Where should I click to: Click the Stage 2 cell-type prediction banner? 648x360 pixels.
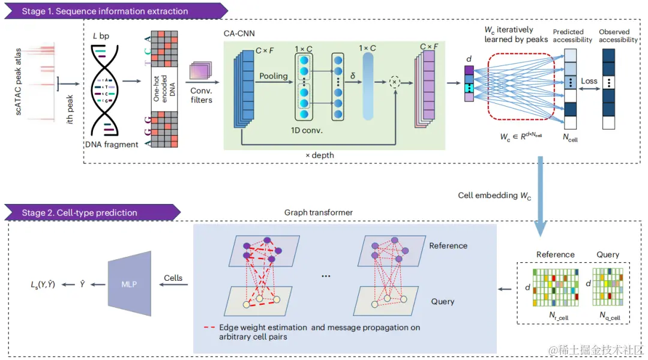92,212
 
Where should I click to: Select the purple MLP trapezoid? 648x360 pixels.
130,284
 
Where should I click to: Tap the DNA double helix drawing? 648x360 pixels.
104,91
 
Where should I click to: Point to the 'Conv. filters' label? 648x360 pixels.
201,95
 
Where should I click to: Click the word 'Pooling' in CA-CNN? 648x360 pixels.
273,76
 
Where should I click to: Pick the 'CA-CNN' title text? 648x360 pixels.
239,34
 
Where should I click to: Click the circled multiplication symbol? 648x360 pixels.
395,82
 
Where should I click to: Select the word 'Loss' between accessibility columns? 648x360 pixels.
589,81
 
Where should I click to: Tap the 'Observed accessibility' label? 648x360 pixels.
618,36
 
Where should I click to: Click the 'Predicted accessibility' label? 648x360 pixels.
572,36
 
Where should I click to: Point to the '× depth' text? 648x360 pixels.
319,155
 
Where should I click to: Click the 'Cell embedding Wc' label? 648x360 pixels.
494,196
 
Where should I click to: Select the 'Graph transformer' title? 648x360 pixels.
318,212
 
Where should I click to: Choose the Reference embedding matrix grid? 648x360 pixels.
556,287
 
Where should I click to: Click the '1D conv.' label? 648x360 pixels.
307,131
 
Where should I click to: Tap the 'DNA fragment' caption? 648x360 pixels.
112,144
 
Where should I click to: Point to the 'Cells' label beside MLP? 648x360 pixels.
173,278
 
